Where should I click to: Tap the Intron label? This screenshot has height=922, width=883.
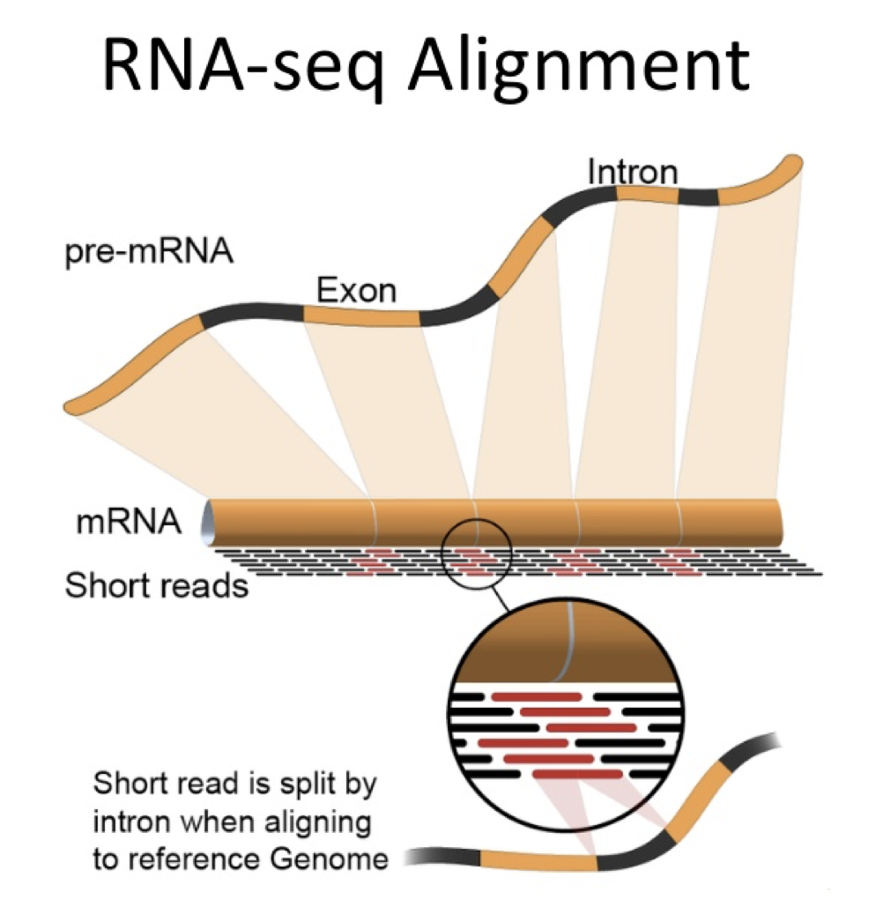[x=633, y=172]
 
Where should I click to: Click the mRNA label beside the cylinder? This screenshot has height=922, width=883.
[x=129, y=522]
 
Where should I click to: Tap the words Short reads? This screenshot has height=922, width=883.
[x=157, y=584]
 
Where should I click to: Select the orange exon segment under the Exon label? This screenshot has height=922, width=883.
[x=361, y=315]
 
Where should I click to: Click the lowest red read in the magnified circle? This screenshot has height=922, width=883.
[x=573, y=774]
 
